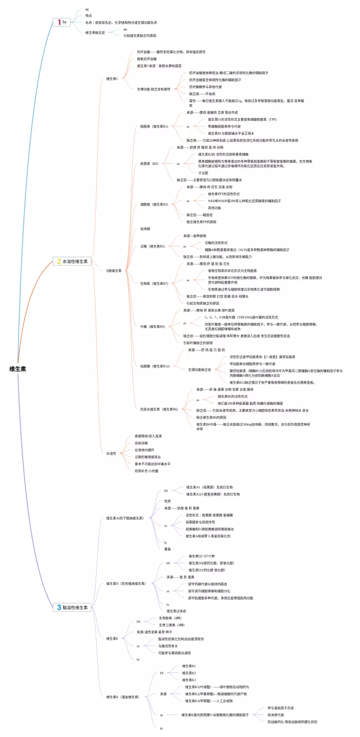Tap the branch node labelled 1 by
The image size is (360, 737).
[x=61, y=22]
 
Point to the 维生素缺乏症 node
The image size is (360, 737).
[x=94, y=33]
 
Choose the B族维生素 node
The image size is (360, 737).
[x=114, y=271]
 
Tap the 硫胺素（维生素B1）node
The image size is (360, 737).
[x=154, y=127]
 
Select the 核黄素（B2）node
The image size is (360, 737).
[x=149, y=164]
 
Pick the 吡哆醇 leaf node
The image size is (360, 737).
[x=145, y=229]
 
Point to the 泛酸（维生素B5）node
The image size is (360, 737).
[x=152, y=246]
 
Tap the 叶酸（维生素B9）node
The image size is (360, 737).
[x=152, y=326]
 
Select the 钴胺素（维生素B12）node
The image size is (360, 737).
[x=155, y=366]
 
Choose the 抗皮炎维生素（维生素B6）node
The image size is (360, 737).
[x=159, y=409]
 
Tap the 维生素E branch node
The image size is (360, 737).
[x=112, y=639]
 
